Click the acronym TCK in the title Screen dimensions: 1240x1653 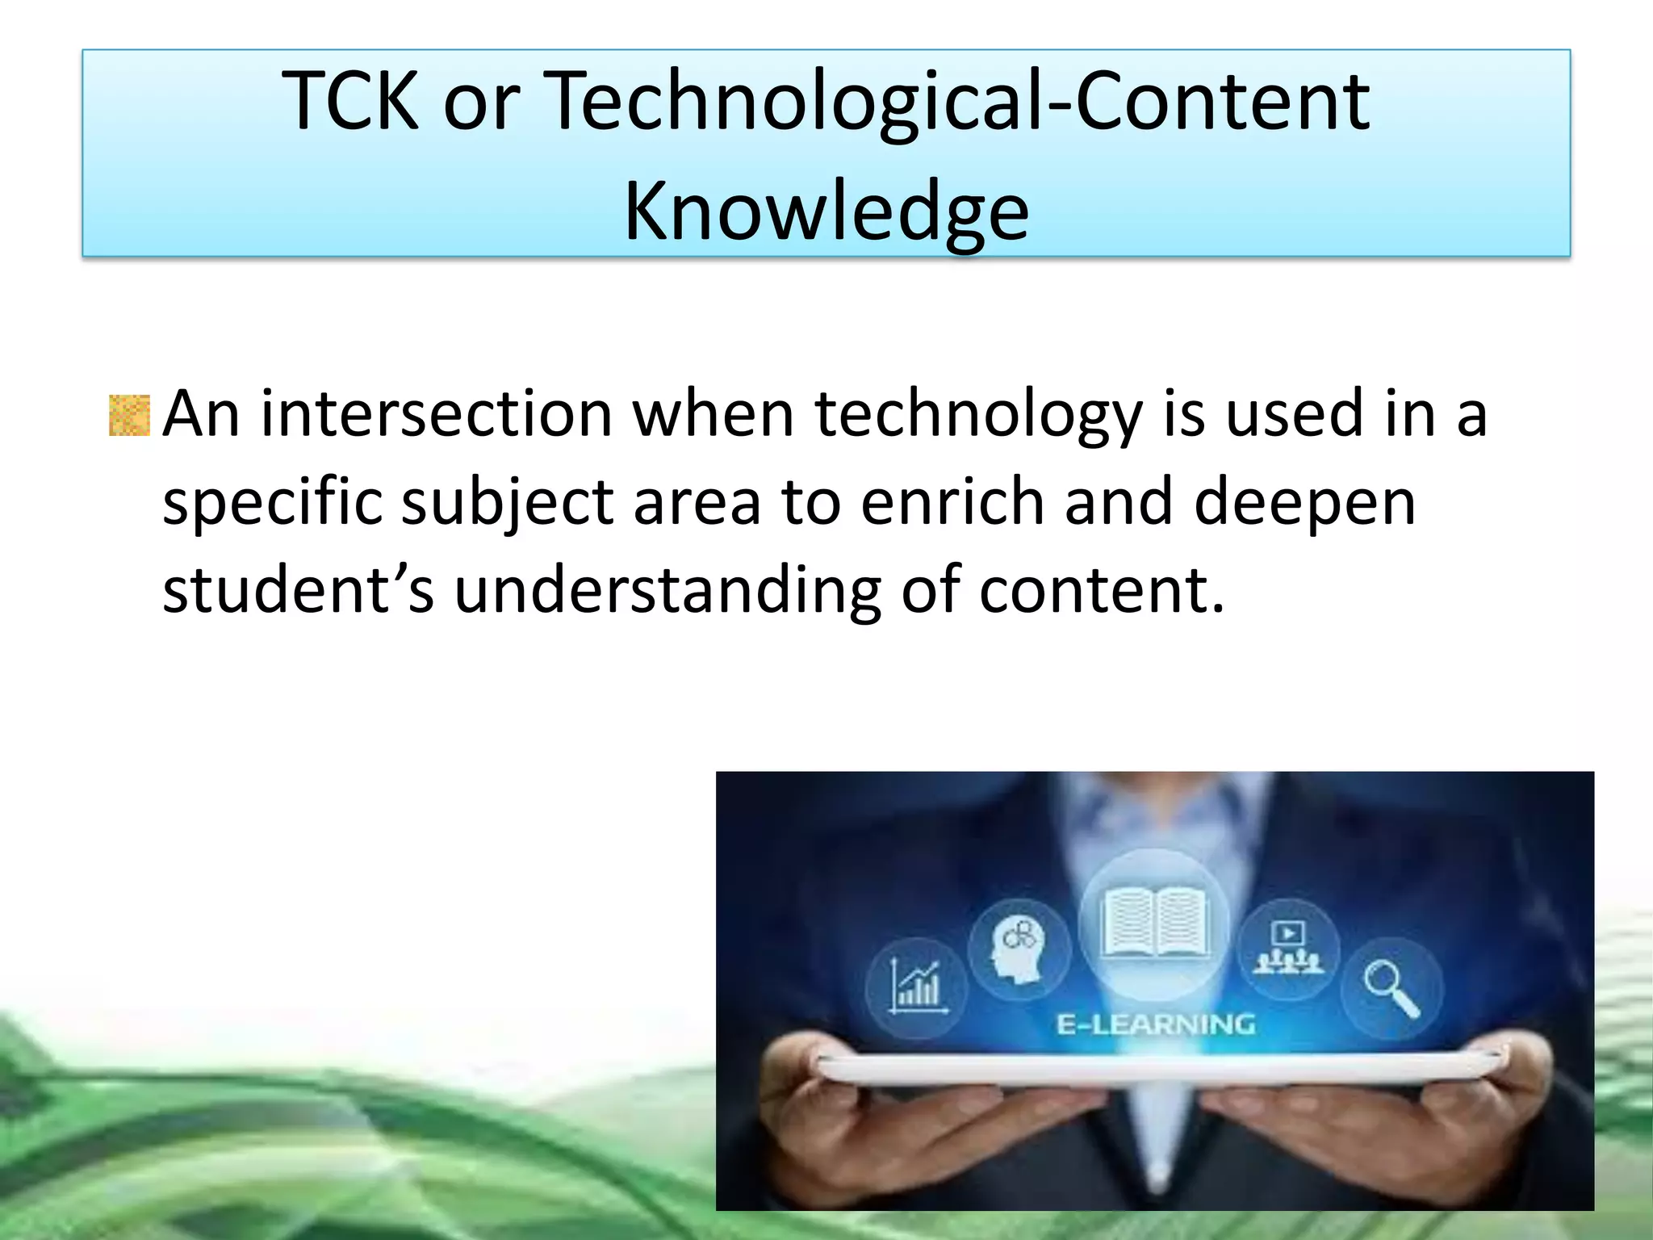[351, 101]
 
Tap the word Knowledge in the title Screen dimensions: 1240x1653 [826, 212]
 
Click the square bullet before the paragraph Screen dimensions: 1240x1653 [129, 416]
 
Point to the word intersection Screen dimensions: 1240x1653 [436, 414]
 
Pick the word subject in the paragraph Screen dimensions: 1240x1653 [507, 503]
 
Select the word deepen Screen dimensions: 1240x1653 [1304, 503]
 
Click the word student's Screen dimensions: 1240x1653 [298, 589]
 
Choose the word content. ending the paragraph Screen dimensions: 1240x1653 [1102, 589]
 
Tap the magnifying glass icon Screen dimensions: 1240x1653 [1391, 988]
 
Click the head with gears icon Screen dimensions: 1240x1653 [1019, 949]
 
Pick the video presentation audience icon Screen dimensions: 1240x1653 [1288, 948]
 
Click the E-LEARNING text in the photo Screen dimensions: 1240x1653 [1156, 1024]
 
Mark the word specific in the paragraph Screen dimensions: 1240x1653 [272, 503]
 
